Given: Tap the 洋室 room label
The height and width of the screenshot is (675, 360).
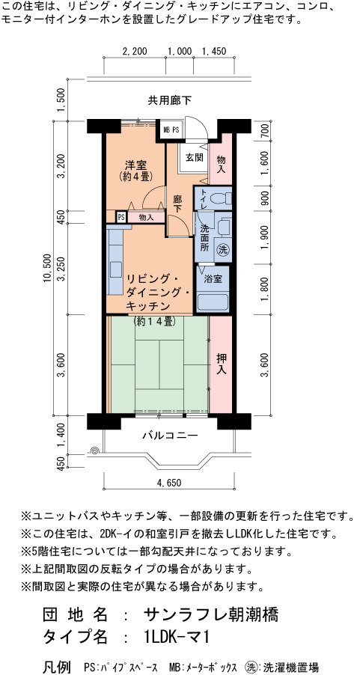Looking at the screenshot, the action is point(136,165).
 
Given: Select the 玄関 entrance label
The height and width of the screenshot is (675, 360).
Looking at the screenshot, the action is point(194,158).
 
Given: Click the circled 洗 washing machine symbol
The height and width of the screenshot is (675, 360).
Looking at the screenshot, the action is point(222,248).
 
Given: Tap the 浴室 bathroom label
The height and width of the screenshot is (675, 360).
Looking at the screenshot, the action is point(213,279).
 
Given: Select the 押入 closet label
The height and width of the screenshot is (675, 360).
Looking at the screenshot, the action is point(221,364).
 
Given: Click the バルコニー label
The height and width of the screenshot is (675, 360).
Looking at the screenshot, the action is point(171,436).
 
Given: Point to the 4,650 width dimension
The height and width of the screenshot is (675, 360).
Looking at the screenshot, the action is point(169,483).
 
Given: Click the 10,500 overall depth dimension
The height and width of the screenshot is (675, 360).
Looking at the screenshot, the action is point(47,268).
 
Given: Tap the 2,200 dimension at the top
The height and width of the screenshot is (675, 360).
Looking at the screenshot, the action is point(135,51).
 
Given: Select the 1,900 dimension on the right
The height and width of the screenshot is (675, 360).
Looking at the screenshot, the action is point(264,237).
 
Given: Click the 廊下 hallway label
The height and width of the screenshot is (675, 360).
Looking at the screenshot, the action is point(177,204).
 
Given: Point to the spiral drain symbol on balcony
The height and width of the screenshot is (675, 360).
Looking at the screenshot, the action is point(95,450).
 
